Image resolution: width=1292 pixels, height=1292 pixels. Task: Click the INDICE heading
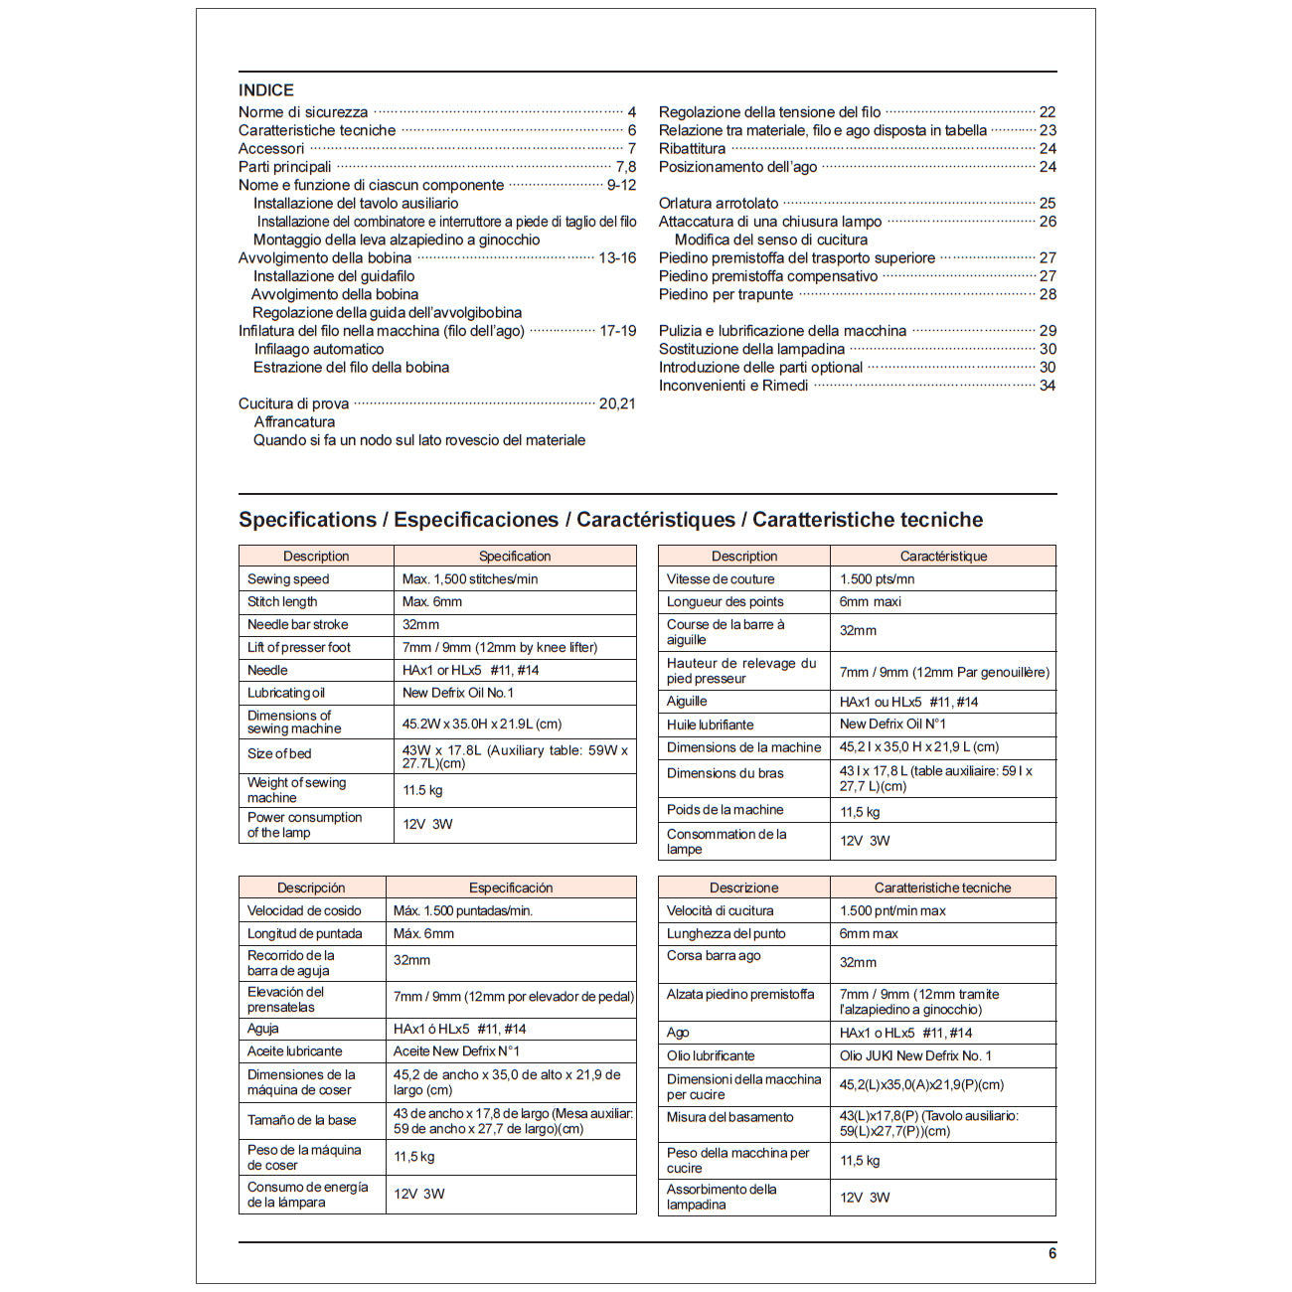[x=266, y=90]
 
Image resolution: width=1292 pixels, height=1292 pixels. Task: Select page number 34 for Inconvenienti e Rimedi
[x=1048, y=386]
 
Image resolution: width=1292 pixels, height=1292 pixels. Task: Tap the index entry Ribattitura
[x=692, y=149]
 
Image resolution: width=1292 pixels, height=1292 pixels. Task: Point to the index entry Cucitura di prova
[x=293, y=404]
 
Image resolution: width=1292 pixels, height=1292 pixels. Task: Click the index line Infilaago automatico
[x=318, y=349]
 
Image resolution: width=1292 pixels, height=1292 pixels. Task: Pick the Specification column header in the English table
[x=514, y=557]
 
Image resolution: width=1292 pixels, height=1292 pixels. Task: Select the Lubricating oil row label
[x=286, y=694]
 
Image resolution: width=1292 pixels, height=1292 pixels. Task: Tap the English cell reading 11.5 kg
[x=422, y=791]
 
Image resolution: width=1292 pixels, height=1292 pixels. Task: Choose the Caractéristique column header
[x=943, y=557]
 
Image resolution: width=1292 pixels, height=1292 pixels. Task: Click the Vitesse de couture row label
[x=721, y=579]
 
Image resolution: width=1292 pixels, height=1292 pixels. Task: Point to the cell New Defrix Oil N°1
[x=892, y=725]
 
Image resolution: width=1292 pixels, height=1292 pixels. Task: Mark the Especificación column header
[x=511, y=888]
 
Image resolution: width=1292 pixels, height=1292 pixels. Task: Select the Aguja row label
[x=263, y=1030]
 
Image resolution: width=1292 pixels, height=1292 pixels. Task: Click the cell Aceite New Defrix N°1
[x=456, y=1051]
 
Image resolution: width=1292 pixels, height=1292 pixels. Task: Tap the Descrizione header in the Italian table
[x=743, y=888]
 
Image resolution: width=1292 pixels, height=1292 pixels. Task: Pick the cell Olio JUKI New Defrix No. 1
[x=915, y=1056]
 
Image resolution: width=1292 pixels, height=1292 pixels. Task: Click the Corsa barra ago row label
[x=714, y=956]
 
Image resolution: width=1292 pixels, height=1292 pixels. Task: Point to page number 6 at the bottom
[x=1052, y=1254]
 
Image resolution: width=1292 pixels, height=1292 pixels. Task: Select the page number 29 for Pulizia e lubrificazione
[x=1048, y=331]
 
